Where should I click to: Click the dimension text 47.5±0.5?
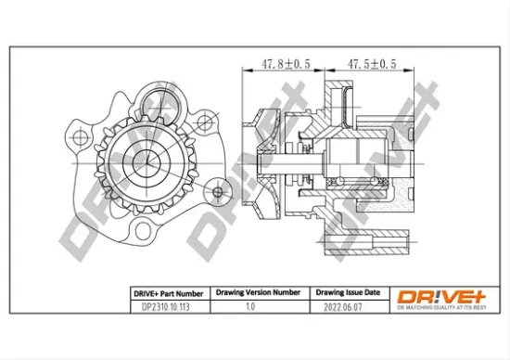(x=372, y=64)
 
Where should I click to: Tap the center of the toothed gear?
(x=147, y=163)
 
